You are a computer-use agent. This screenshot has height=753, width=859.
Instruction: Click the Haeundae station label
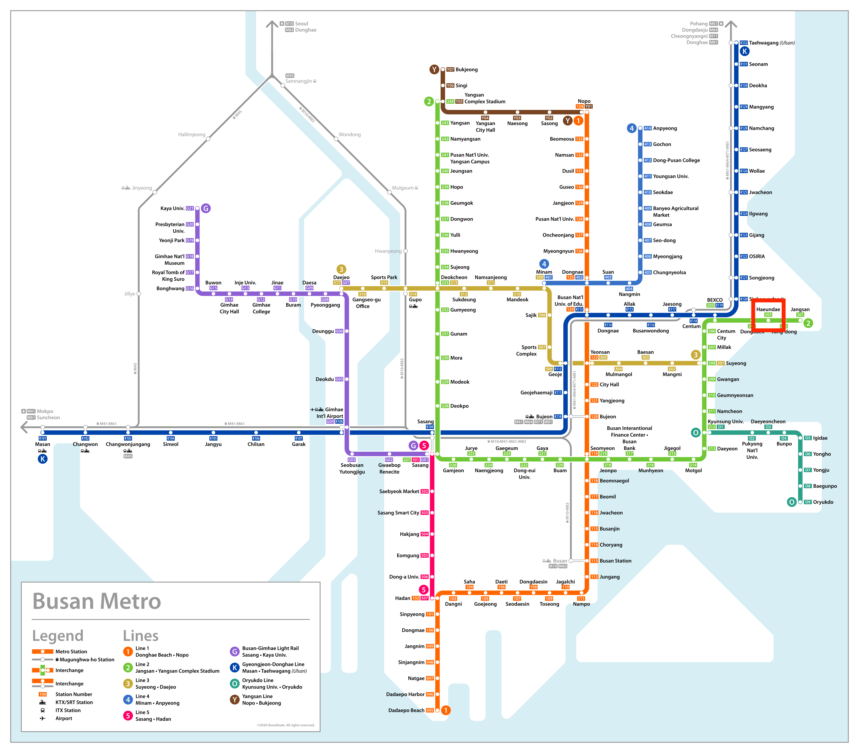(768, 309)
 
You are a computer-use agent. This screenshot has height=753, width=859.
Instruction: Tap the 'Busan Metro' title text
(96, 601)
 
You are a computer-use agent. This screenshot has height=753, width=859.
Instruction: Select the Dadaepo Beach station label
(406, 710)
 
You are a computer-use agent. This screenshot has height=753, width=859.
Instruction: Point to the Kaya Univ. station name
(172, 208)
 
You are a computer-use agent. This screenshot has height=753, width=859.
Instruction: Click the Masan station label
(42, 444)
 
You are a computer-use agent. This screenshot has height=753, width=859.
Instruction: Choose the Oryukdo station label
(823, 502)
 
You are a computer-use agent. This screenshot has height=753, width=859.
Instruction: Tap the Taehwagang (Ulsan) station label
(772, 43)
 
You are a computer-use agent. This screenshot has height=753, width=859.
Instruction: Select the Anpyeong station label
(665, 128)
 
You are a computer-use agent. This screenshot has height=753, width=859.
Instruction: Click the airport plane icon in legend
(42, 718)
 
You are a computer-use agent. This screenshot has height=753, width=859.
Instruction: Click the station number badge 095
(430, 710)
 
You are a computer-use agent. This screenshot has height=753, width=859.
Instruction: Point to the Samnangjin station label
(298, 81)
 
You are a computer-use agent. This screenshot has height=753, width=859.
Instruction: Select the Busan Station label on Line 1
(615, 560)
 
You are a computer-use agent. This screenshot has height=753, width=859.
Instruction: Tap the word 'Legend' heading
(58, 636)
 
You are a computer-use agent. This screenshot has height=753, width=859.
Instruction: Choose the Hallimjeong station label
(191, 134)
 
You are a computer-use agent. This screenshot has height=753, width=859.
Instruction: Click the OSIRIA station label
(757, 256)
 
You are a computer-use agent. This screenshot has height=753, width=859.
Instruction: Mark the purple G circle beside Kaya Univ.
(206, 208)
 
